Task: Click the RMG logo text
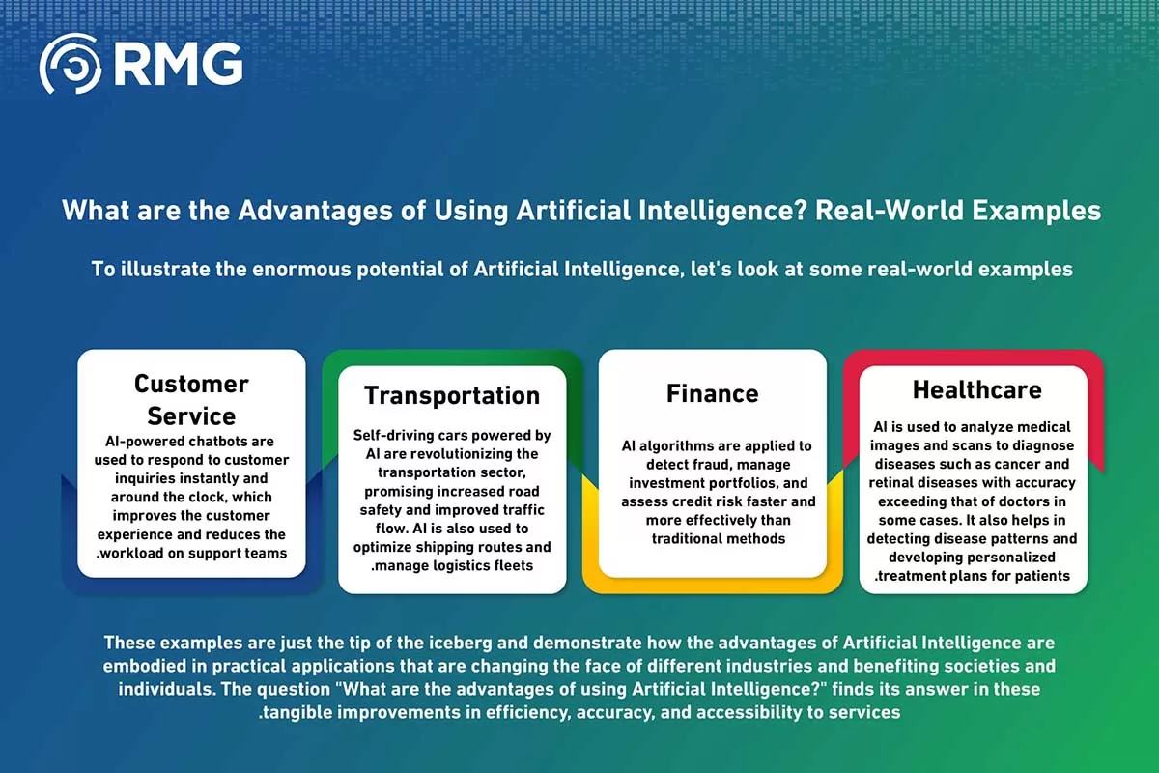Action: point(178,64)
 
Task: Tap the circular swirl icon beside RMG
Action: point(71,64)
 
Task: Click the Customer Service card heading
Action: point(191,400)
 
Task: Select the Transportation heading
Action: point(452,395)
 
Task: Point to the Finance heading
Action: point(713,393)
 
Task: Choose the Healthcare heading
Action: point(976,389)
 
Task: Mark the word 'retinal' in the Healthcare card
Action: point(892,482)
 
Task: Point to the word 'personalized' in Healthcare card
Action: point(1013,558)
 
